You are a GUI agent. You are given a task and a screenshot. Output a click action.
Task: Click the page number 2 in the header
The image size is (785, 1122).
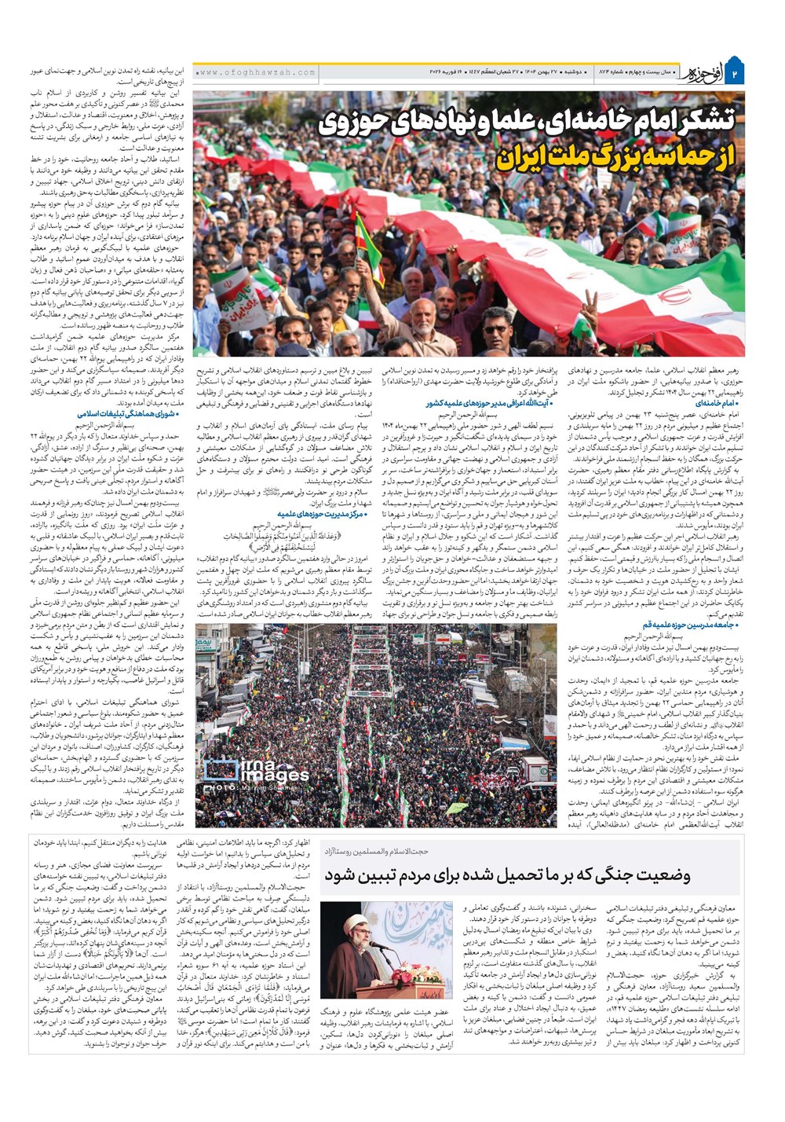(x=736, y=73)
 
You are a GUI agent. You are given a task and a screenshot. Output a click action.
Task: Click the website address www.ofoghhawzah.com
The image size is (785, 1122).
(x=257, y=72)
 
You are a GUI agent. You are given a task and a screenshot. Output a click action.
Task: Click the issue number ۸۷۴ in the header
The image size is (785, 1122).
(x=611, y=72)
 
